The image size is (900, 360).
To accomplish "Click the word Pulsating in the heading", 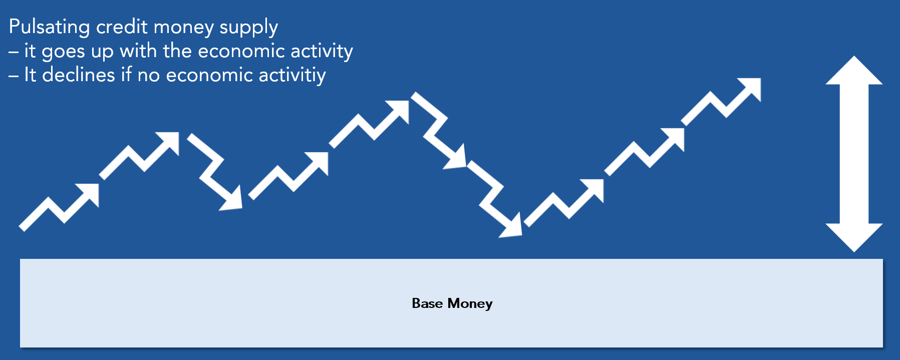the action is click(x=49, y=27).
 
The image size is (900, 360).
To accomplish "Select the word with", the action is click(x=138, y=51).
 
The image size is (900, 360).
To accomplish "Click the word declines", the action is click(x=79, y=75).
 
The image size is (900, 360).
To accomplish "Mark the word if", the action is click(x=126, y=75).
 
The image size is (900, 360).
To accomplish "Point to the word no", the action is click(x=149, y=76).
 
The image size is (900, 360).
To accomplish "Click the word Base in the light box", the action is click(x=427, y=303).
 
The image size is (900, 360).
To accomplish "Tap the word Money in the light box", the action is click(x=470, y=304).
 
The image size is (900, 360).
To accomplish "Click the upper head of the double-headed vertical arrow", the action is click(x=854, y=70).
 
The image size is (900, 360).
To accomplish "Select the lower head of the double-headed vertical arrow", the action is click(x=854, y=237).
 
